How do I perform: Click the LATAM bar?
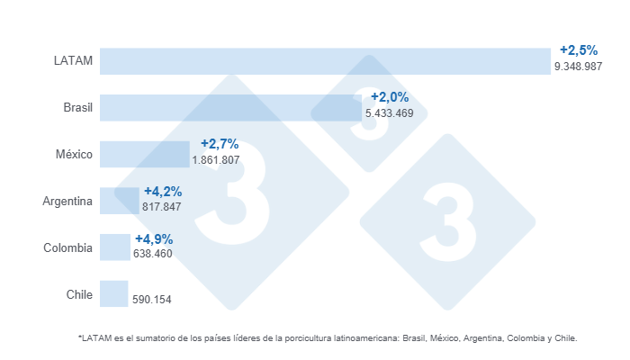(x=324, y=60)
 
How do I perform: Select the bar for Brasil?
(x=231, y=107)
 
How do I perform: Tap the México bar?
(x=144, y=154)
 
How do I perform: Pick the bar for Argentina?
(x=119, y=201)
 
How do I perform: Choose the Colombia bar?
(x=114, y=247)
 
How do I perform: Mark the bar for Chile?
(x=113, y=294)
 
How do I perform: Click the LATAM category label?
(x=74, y=60)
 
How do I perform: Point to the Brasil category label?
(x=77, y=107)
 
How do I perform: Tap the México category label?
(x=74, y=154)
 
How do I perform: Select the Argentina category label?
(x=67, y=201)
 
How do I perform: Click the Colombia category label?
(x=68, y=247)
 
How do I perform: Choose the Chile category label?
(x=79, y=294)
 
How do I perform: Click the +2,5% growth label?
(x=579, y=50)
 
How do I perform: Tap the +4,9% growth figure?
(x=154, y=239)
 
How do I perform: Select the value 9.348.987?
(x=578, y=67)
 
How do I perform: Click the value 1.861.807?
(x=216, y=159)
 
